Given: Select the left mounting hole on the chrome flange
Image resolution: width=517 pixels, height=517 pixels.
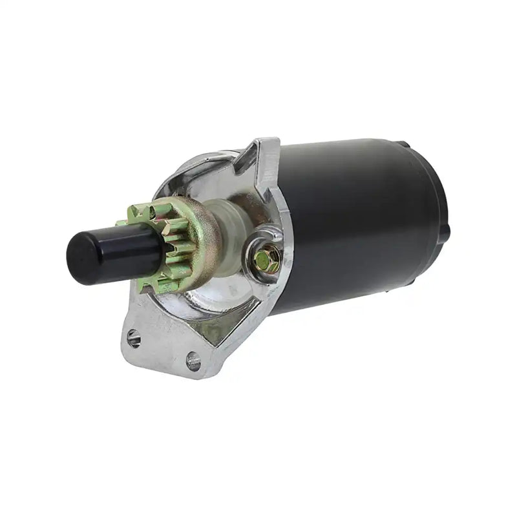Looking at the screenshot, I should tap(134, 336).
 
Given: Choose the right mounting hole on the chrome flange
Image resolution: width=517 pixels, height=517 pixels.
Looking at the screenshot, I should tap(193, 361).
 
